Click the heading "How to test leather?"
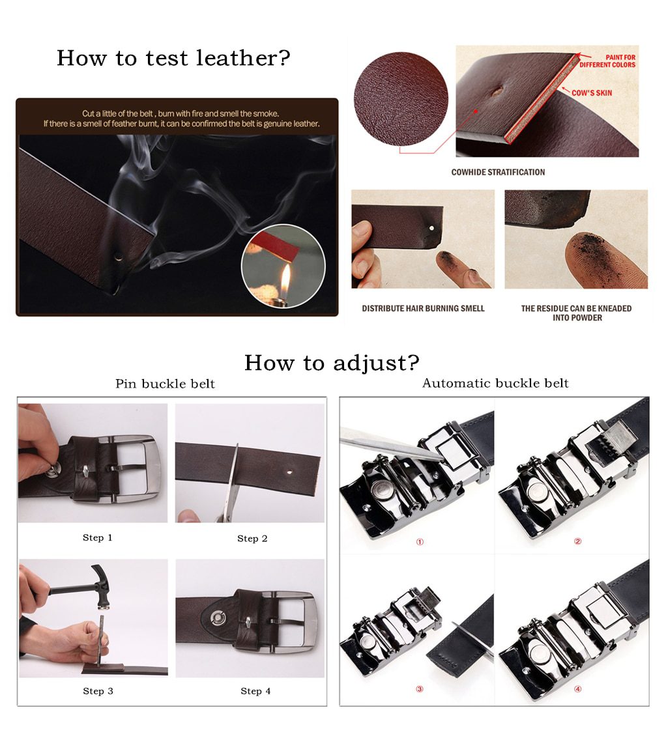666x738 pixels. (x=173, y=58)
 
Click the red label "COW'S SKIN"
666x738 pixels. (x=592, y=93)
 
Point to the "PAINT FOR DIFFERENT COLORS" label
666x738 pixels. (x=607, y=61)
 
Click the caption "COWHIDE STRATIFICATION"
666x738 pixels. (x=498, y=173)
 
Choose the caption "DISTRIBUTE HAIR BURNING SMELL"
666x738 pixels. (x=423, y=309)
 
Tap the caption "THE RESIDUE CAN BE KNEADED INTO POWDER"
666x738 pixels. (x=576, y=313)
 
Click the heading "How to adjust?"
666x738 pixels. (x=332, y=363)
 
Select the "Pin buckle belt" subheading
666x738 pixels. (x=165, y=384)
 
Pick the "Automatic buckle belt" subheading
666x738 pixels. (x=495, y=383)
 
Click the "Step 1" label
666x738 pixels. (x=98, y=538)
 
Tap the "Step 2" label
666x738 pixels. (x=252, y=539)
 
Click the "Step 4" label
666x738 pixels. (x=255, y=691)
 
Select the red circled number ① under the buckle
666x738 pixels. (x=420, y=541)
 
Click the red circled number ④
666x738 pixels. (x=577, y=688)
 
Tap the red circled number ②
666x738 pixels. (x=577, y=541)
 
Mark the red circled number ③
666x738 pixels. (x=420, y=688)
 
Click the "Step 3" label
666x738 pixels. (x=98, y=691)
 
